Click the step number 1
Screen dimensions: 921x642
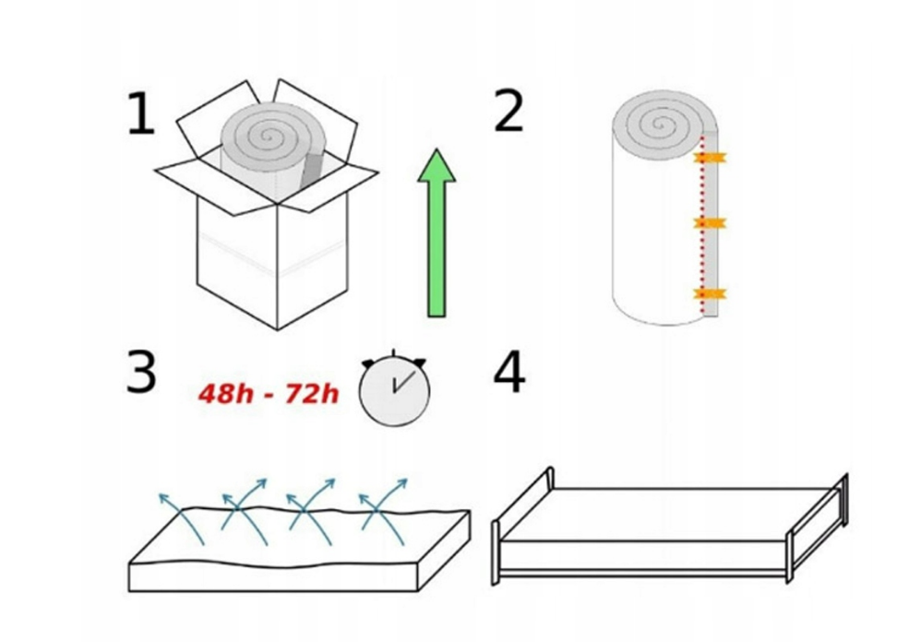pyautogui.click(x=141, y=113)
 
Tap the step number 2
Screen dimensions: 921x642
pyautogui.click(x=508, y=111)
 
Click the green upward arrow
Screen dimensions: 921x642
pyautogui.click(x=437, y=234)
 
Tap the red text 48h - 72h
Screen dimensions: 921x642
pyautogui.click(x=269, y=394)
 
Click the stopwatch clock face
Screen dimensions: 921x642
pyautogui.click(x=394, y=389)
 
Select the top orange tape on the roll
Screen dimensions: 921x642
pyautogui.click(x=711, y=158)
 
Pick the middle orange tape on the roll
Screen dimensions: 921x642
pyautogui.click(x=711, y=223)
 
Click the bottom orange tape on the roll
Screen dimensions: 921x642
pyautogui.click(x=711, y=293)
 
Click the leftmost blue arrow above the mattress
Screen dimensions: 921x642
pyautogui.click(x=180, y=517)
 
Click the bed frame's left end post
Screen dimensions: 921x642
pyautogui.click(x=496, y=553)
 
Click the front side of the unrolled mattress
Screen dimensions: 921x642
pyautogui.click(x=274, y=578)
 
